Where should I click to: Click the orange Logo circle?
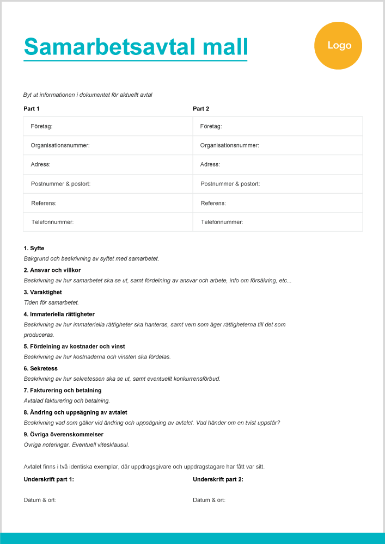(x=338, y=46)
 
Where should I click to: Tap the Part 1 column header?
(x=32, y=109)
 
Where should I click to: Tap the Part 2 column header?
(x=201, y=109)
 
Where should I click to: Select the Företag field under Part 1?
(x=108, y=126)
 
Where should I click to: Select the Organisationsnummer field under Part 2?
(x=277, y=145)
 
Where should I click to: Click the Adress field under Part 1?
(x=108, y=164)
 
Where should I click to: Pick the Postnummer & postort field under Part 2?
(x=277, y=184)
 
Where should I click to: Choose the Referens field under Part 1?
(x=108, y=203)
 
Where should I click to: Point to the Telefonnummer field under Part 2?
(x=277, y=222)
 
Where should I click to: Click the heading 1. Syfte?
(x=34, y=249)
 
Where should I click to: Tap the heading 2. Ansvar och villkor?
(x=52, y=270)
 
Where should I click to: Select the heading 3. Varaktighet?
(x=44, y=292)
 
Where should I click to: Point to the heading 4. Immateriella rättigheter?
(x=59, y=314)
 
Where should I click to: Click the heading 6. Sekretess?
(x=41, y=368)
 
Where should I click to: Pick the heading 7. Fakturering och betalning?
(x=63, y=391)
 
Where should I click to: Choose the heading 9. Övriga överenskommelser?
(x=63, y=434)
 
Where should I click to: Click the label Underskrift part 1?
(x=49, y=479)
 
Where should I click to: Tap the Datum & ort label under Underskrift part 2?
(x=209, y=500)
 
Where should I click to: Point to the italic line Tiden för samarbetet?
(x=52, y=302)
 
